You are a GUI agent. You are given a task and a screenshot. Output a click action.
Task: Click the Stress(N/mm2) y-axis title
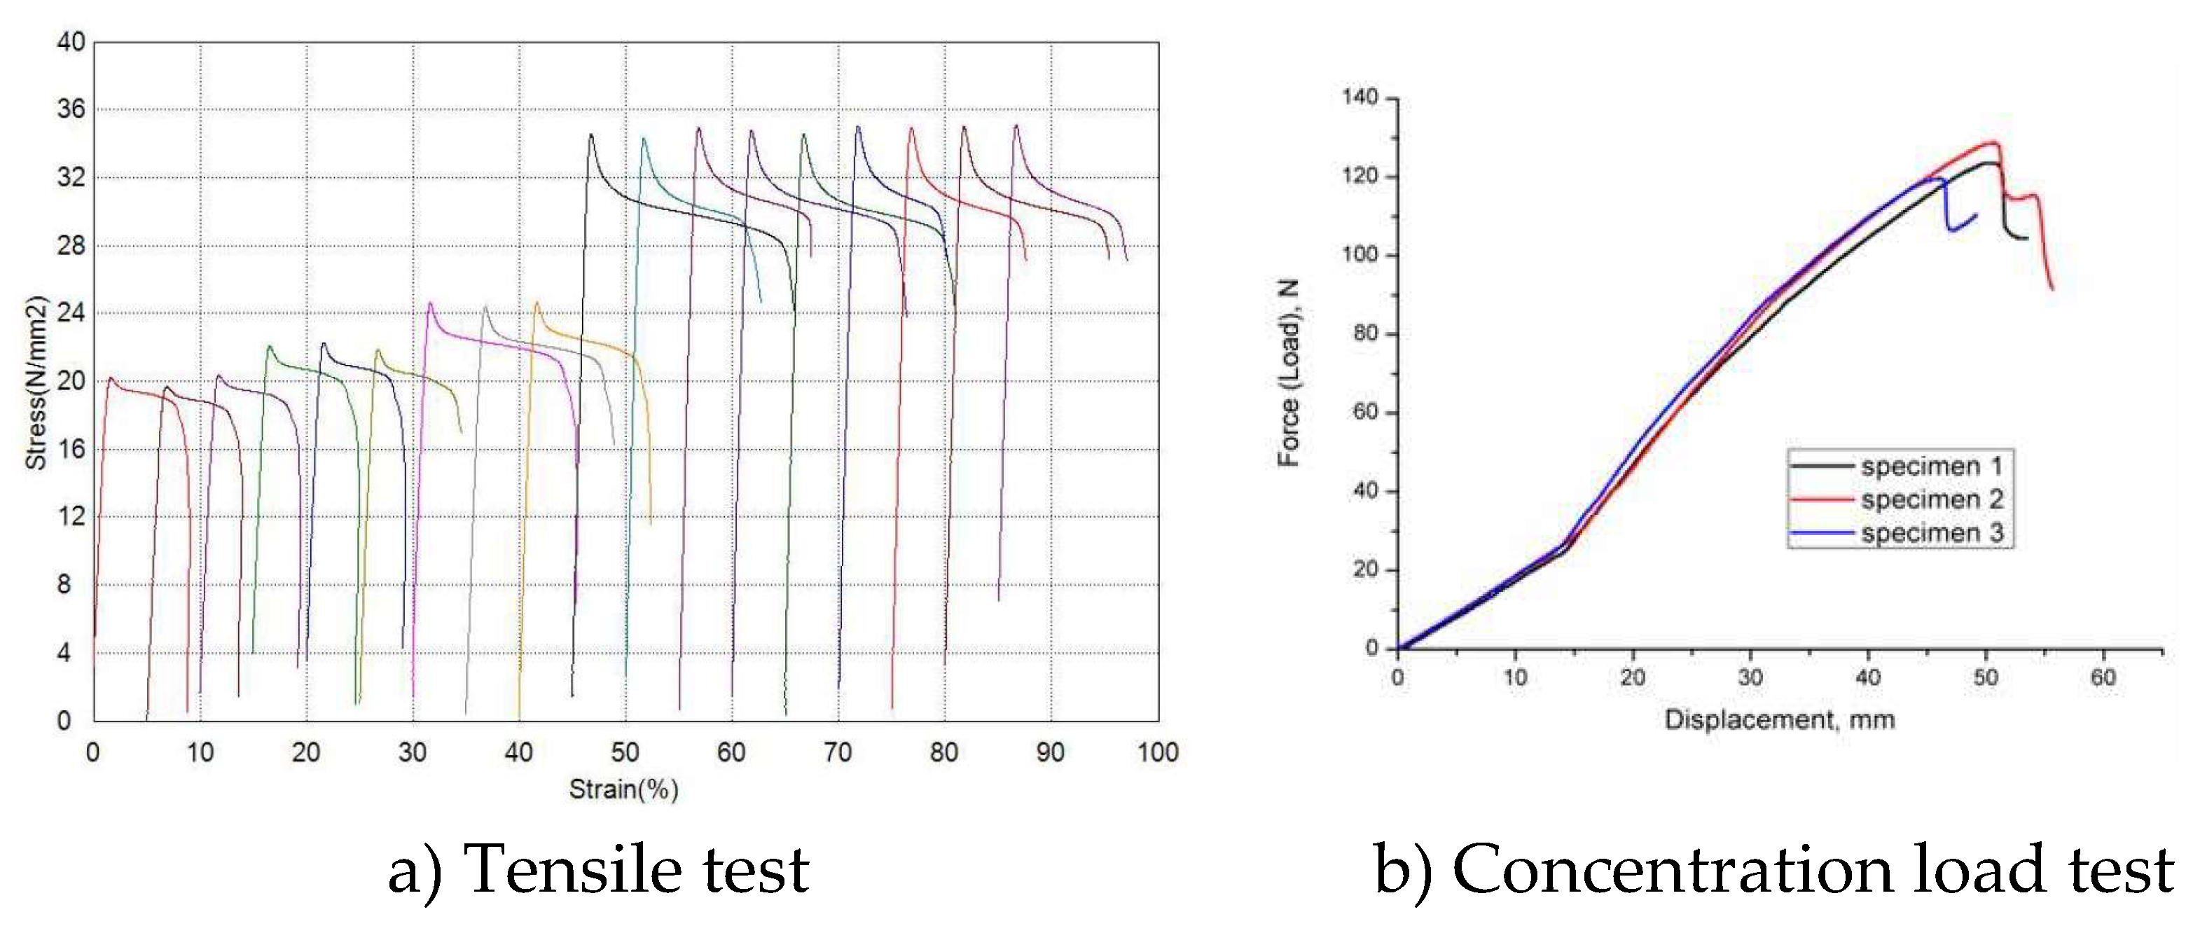(36, 382)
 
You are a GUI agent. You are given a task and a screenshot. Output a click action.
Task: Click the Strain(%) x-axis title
(623, 789)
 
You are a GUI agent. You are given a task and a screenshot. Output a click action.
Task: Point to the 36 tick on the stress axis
(71, 109)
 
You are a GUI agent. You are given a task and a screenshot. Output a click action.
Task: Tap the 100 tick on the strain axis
(1157, 753)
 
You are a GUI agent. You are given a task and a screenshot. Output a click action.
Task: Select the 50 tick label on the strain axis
(625, 753)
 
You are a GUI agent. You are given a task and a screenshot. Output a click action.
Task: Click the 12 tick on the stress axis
(71, 517)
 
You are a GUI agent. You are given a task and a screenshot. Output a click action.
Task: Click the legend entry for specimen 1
(1932, 466)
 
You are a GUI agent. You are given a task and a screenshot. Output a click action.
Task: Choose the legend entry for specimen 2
(1932, 500)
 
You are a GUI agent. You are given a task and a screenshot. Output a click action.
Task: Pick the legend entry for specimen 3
(1932, 533)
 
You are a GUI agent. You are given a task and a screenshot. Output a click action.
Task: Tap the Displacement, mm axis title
(1780, 720)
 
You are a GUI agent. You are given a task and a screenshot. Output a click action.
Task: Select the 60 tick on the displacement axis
(2103, 677)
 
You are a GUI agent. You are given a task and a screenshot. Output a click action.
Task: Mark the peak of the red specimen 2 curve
(1994, 143)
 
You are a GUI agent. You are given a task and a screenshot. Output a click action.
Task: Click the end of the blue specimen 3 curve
(1975, 214)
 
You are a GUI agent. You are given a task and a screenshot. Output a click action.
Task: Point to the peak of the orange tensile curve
(537, 303)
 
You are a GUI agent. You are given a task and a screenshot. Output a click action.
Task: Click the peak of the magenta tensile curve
(429, 303)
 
